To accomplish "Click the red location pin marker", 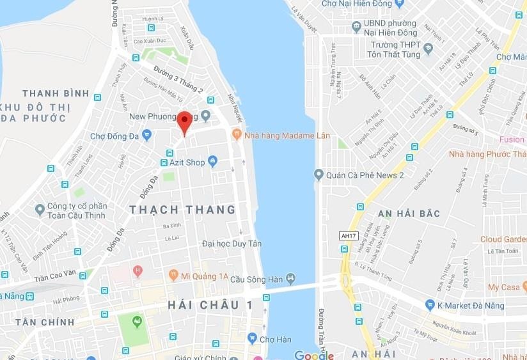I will pyautogui.click(x=184, y=121).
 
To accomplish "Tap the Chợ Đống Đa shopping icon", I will pyautogui.click(x=147, y=135).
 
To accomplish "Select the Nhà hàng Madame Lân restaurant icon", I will pyautogui.click(x=237, y=134).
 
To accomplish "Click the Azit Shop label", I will pyautogui.click(x=187, y=162).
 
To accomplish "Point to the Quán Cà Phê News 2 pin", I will pyautogui.click(x=319, y=175).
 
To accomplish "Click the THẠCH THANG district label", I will pyautogui.click(x=182, y=210).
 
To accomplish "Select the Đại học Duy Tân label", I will pyautogui.click(x=231, y=244).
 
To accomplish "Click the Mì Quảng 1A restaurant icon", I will pyautogui.click(x=173, y=276).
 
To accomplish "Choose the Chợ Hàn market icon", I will pyautogui.click(x=253, y=338).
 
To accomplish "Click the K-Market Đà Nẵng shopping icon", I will pyautogui.click(x=430, y=305).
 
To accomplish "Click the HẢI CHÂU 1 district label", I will pyautogui.click(x=210, y=305).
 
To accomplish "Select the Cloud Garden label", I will pyautogui.click(x=503, y=239).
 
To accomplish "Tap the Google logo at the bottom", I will pyautogui.click(x=313, y=355).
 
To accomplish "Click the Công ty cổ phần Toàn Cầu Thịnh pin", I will pyautogui.click(x=40, y=209).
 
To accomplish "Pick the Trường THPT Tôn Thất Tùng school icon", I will pyautogui.click(x=428, y=49).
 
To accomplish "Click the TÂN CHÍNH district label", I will pyautogui.click(x=45, y=322).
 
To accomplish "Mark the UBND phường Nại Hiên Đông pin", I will pyautogui.click(x=356, y=27).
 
